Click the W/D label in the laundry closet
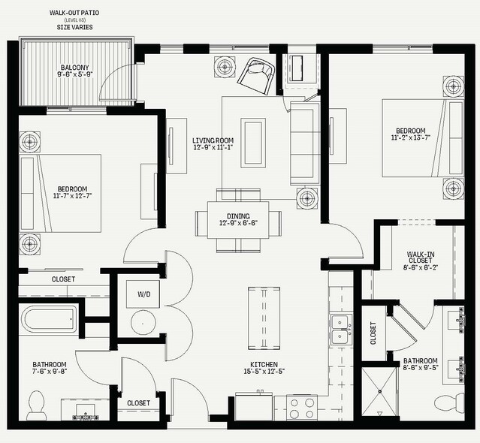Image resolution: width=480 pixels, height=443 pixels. [x=144, y=294]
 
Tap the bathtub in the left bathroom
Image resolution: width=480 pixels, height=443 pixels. [x=49, y=320]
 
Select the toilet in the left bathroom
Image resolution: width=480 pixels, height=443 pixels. [x=36, y=405]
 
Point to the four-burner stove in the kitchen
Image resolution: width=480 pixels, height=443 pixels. [x=302, y=408]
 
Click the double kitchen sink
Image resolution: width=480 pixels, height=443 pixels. [x=341, y=330]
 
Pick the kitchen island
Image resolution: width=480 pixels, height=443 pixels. [x=264, y=318]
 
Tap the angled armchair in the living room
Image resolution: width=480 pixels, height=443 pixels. [x=257, y=76]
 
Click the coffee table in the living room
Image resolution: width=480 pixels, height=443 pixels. [x=253, y=143]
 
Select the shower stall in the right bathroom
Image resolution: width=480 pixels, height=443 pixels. [x=380, y=392]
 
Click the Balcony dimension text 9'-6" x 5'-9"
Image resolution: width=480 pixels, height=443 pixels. [x=75, y=74]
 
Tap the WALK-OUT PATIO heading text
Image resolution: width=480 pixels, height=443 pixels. [x=74, y=13]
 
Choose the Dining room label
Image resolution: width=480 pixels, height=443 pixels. [x=238, y=216]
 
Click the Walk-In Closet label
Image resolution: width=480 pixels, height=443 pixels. [x=421, y=258]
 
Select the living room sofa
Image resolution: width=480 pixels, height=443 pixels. [x=305, y=143]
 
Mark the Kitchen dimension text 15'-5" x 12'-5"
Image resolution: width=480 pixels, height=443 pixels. [x=264, y=372]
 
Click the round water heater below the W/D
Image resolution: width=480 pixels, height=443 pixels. [x=143, y=323]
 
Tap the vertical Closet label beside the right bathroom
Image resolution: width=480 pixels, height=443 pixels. [x=373, y=333]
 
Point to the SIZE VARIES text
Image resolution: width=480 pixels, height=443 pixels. [x=74, y=27]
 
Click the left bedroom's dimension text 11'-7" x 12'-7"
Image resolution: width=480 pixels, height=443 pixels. [x=73, y=196]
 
